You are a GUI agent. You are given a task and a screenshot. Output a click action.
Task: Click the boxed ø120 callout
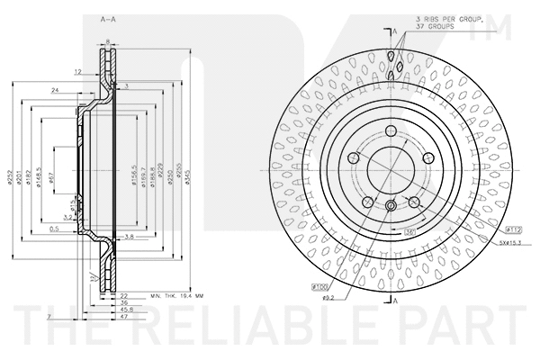[x=322, y=288]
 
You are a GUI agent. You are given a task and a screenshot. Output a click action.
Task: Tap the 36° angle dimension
[x=409, y=232]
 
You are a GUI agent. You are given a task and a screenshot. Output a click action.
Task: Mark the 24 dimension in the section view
[x=56, y=90]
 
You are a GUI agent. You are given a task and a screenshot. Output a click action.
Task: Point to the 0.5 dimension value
[x=55, y=229]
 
